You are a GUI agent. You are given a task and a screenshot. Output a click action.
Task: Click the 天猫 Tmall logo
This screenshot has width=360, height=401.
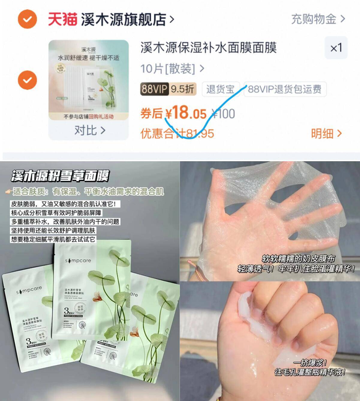[x=63, y=19]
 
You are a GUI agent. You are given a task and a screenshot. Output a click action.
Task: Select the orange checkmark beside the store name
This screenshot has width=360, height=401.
[x=27, y=19]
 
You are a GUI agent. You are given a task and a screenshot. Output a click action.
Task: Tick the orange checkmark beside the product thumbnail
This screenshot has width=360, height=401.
[x=27, y=80]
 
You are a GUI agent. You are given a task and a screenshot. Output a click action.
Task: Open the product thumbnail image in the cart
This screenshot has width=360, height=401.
[x=89, y=82]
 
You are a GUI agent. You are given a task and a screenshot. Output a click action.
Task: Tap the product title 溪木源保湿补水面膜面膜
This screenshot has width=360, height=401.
[x=208, y=48]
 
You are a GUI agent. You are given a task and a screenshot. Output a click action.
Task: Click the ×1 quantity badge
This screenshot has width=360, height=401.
[x=336, y=48]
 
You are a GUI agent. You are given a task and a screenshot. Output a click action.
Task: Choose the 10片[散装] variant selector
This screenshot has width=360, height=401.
[x=172, y=68]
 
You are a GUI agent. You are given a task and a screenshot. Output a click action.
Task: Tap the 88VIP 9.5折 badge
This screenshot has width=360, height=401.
[x=168, y=89]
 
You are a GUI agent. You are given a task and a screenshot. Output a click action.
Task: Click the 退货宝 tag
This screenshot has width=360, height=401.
[x=220, y=89]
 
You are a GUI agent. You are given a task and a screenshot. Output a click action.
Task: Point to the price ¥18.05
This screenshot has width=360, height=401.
[x=180, y=113]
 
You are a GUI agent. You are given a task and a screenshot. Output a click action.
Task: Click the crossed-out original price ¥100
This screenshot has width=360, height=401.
[x=223, y=114]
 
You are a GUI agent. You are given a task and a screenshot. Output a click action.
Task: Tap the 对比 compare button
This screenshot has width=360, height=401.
[x=89, y=131]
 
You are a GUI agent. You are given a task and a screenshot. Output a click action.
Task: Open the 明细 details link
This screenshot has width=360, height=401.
[x=327, y=133]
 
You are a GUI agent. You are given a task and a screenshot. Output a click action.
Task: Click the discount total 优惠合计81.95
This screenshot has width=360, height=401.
[x=177, y=133]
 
